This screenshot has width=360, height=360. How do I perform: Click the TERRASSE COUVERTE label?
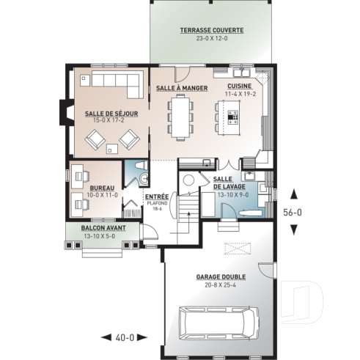tap(212, 30)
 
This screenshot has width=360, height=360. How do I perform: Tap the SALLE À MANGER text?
tap(180, 88)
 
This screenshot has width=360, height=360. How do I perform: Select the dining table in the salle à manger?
tap(180, 117)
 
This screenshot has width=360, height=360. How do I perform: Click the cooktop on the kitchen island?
tap(234, 114)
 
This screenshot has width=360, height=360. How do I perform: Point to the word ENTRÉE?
tap(156, 196)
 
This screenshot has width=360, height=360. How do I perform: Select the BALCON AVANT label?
tap(103, 228)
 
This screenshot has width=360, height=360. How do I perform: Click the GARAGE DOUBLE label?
tap(221, 278)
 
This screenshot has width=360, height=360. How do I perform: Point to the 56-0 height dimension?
tap(294, 212)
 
